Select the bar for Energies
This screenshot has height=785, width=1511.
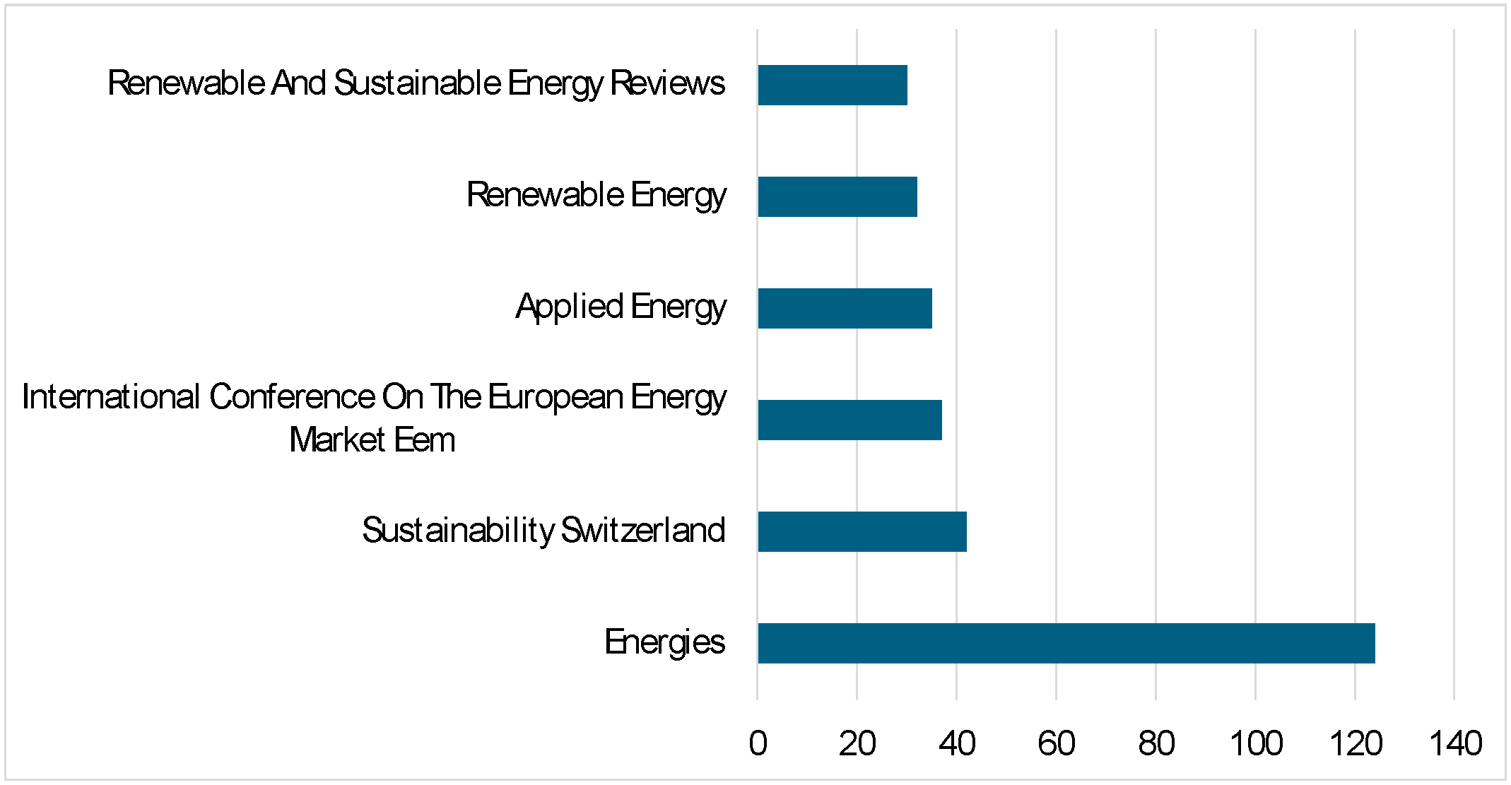click(1066, 643)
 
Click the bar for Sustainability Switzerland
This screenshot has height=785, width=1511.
click(862, 531)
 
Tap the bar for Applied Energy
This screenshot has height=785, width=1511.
click(845, 308)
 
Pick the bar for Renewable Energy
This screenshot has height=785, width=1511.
click(837, 196)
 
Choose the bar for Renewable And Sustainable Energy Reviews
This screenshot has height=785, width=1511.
click(832, 85)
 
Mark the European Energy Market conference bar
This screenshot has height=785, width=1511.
click(849, 420)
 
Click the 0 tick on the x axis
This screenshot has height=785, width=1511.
click(758, 743)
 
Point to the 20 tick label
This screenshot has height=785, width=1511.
click(857, 743)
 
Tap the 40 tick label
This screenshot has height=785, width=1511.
click(957, 743)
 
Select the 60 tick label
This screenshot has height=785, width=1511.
click(1057, 743)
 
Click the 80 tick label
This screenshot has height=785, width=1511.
click(1156, 743)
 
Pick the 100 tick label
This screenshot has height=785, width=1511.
click(1256, 743)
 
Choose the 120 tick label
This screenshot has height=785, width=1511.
click(1356, 743)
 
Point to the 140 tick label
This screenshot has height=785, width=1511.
click(1455, 743)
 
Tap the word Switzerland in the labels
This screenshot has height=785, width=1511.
click(642, 531)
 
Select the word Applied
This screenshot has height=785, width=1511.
click(569, 307)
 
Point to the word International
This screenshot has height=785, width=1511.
click(111, 397)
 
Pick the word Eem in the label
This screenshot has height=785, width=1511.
click(424, 440)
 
